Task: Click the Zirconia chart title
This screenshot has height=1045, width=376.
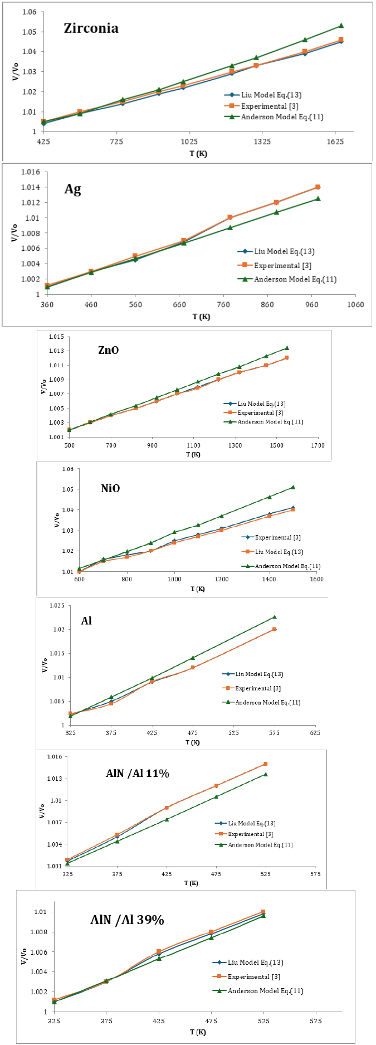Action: pyautogui.click(x=91, y=28)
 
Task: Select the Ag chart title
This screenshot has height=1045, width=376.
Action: pyautogui.click(x=72, y=189)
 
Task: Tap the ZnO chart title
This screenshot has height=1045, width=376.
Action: pyautogui.click(x=108, y=351)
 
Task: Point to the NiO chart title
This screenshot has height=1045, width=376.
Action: pyautogui.click(x=110, y=489)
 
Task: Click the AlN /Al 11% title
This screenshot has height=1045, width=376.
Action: pyautogui.click(x=138, y=774)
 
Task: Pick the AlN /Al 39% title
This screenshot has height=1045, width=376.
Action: pyautogui.click(x=127, y=920)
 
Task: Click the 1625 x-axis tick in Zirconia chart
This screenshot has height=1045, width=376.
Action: pyautogui.click(x=335, y=142)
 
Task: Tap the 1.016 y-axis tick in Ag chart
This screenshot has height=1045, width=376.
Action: pyautogui.click(x=31, y=172)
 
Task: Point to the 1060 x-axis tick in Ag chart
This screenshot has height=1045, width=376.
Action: pyautogui.click(x=355, y=304)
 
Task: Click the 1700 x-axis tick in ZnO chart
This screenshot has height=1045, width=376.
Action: pyautogui.click(x=318, y=445)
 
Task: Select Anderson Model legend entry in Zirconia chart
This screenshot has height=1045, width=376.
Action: pyautogui.click(x=282, y=117)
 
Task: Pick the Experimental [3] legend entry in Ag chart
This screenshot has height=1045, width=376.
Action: pyautogui.click(x=282, y=266)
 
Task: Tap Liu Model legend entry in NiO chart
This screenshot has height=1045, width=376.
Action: pyautogui.click(x=279, y=552)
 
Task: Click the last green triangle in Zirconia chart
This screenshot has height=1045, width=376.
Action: pyautogui.click(x=341, y=26)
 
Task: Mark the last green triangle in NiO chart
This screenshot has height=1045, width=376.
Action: pyautogui.click(x=293, y=487)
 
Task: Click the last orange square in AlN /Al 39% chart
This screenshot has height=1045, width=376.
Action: pyautogui.click(x=263, y=912)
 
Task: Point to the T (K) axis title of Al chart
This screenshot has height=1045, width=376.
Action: pyautogui.click(x=192, y=742)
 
